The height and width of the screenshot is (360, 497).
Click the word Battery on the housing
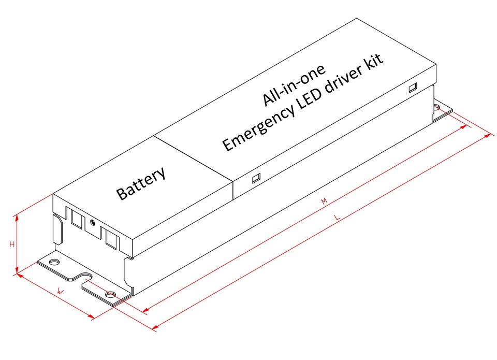pyautogui.click(x=141, y=183)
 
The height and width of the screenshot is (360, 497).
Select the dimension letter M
pyautogui.click(x=325, y=201)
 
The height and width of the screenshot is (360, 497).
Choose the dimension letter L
pyautogui.click(x=337, y=218)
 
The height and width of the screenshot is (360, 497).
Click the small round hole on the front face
pyautogui.click(x=93, y=223)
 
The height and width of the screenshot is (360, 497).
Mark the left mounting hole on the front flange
pyautogui.click(x=54, y=262)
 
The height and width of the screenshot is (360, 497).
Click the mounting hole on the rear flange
pyautogui.click(x=437, y=108)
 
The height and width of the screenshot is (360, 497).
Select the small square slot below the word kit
pyautogui.click(x=413, y=88)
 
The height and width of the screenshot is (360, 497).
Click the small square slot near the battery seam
pyautogui.click(x=255, y=179)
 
